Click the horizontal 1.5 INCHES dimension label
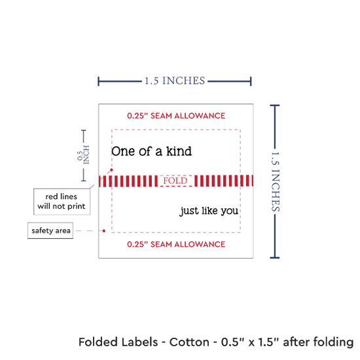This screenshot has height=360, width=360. (175, 81)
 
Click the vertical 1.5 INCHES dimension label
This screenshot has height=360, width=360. (276, 181)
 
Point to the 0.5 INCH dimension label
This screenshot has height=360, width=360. (83, 155)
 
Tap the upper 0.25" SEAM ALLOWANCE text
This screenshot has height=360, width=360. (176, 116)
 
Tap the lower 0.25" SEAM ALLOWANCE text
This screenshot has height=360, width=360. (176, 244)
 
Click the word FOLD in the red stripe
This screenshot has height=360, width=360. (175, 181)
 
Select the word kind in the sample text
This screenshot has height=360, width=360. (179, 151)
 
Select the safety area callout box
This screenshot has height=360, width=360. (50, 230)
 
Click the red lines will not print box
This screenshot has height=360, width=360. (62, 202)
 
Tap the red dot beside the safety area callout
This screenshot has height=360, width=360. (104, 231)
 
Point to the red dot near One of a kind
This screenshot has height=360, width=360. (111, 170)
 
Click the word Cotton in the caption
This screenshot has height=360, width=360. (189, 342)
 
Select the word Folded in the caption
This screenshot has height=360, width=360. (98, 342)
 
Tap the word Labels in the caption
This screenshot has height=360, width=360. (139, 342)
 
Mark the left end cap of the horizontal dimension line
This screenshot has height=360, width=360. (98, 81)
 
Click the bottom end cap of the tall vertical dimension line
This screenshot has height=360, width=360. (275, 258)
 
